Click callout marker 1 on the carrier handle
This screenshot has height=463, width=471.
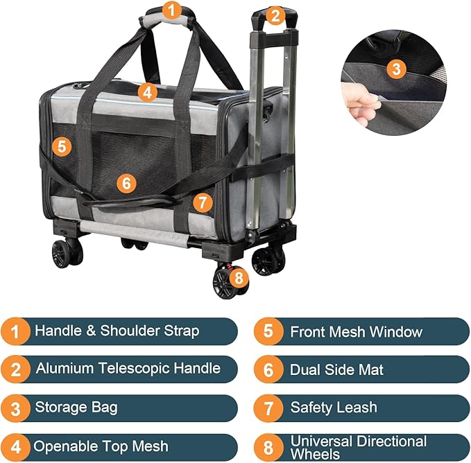click(x=172, y=10)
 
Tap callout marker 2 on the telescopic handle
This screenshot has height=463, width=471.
click(x=275, y=15)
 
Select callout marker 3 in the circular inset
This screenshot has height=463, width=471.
click(x=395, y=69)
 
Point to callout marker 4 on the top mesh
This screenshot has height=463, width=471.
click(x=146, y=91)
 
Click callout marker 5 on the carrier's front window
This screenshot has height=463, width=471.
click(x=62, y=146)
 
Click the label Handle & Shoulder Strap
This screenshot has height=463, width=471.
click(x=117, y=331)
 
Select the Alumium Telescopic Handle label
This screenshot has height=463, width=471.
click(x=128, y=369)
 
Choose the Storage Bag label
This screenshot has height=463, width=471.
click(x=76, y=407)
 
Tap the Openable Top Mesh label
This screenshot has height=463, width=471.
click(x=101, y=446)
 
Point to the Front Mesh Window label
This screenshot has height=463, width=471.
click(x=356, y=331)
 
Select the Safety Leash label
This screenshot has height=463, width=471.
click(x=334, y=408)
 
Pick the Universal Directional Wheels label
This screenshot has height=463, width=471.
click(x=358, y=447)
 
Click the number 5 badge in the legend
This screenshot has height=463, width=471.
click(x=268, y=331)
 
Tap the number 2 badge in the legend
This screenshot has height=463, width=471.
click(x=15, y=369)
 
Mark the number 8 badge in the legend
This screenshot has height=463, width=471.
click(x=268, y=446)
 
